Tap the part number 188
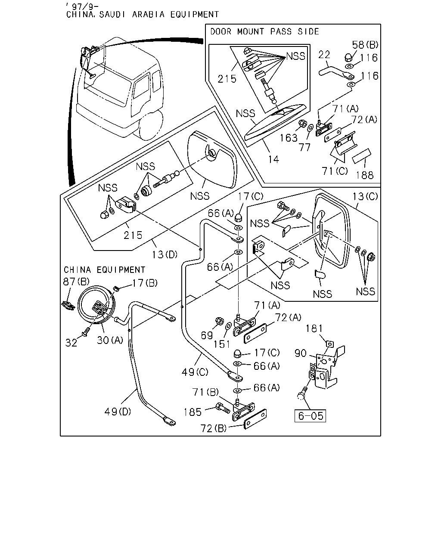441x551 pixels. coord(365,175)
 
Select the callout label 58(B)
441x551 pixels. coord(365,45)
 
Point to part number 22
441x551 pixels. coord(324,55)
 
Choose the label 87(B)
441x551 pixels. coord(76,282)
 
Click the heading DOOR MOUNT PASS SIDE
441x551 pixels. coord(264,31)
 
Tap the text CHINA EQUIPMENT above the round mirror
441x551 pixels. coord(104,269)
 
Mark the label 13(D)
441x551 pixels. coord(165,254)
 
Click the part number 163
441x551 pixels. coord(289,138)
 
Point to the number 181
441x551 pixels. coord(314,328)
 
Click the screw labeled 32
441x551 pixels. coord(86,331)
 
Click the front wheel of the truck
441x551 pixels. coord(151,126)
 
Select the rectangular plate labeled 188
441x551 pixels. coord(362,156)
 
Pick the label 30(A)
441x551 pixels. coord(110,340)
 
